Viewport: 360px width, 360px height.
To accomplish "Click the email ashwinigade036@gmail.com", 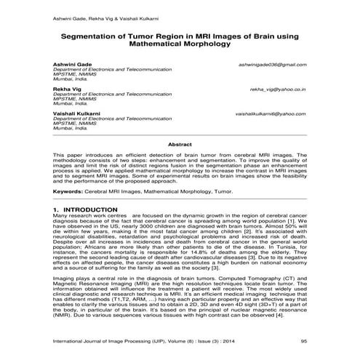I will pyautogui.click(x=271, y=65).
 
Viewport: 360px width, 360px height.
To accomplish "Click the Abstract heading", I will pyautogui.click(x=180, y=145).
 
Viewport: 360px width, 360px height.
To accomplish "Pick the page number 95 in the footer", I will pyautogui.click(x=304, y=340).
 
